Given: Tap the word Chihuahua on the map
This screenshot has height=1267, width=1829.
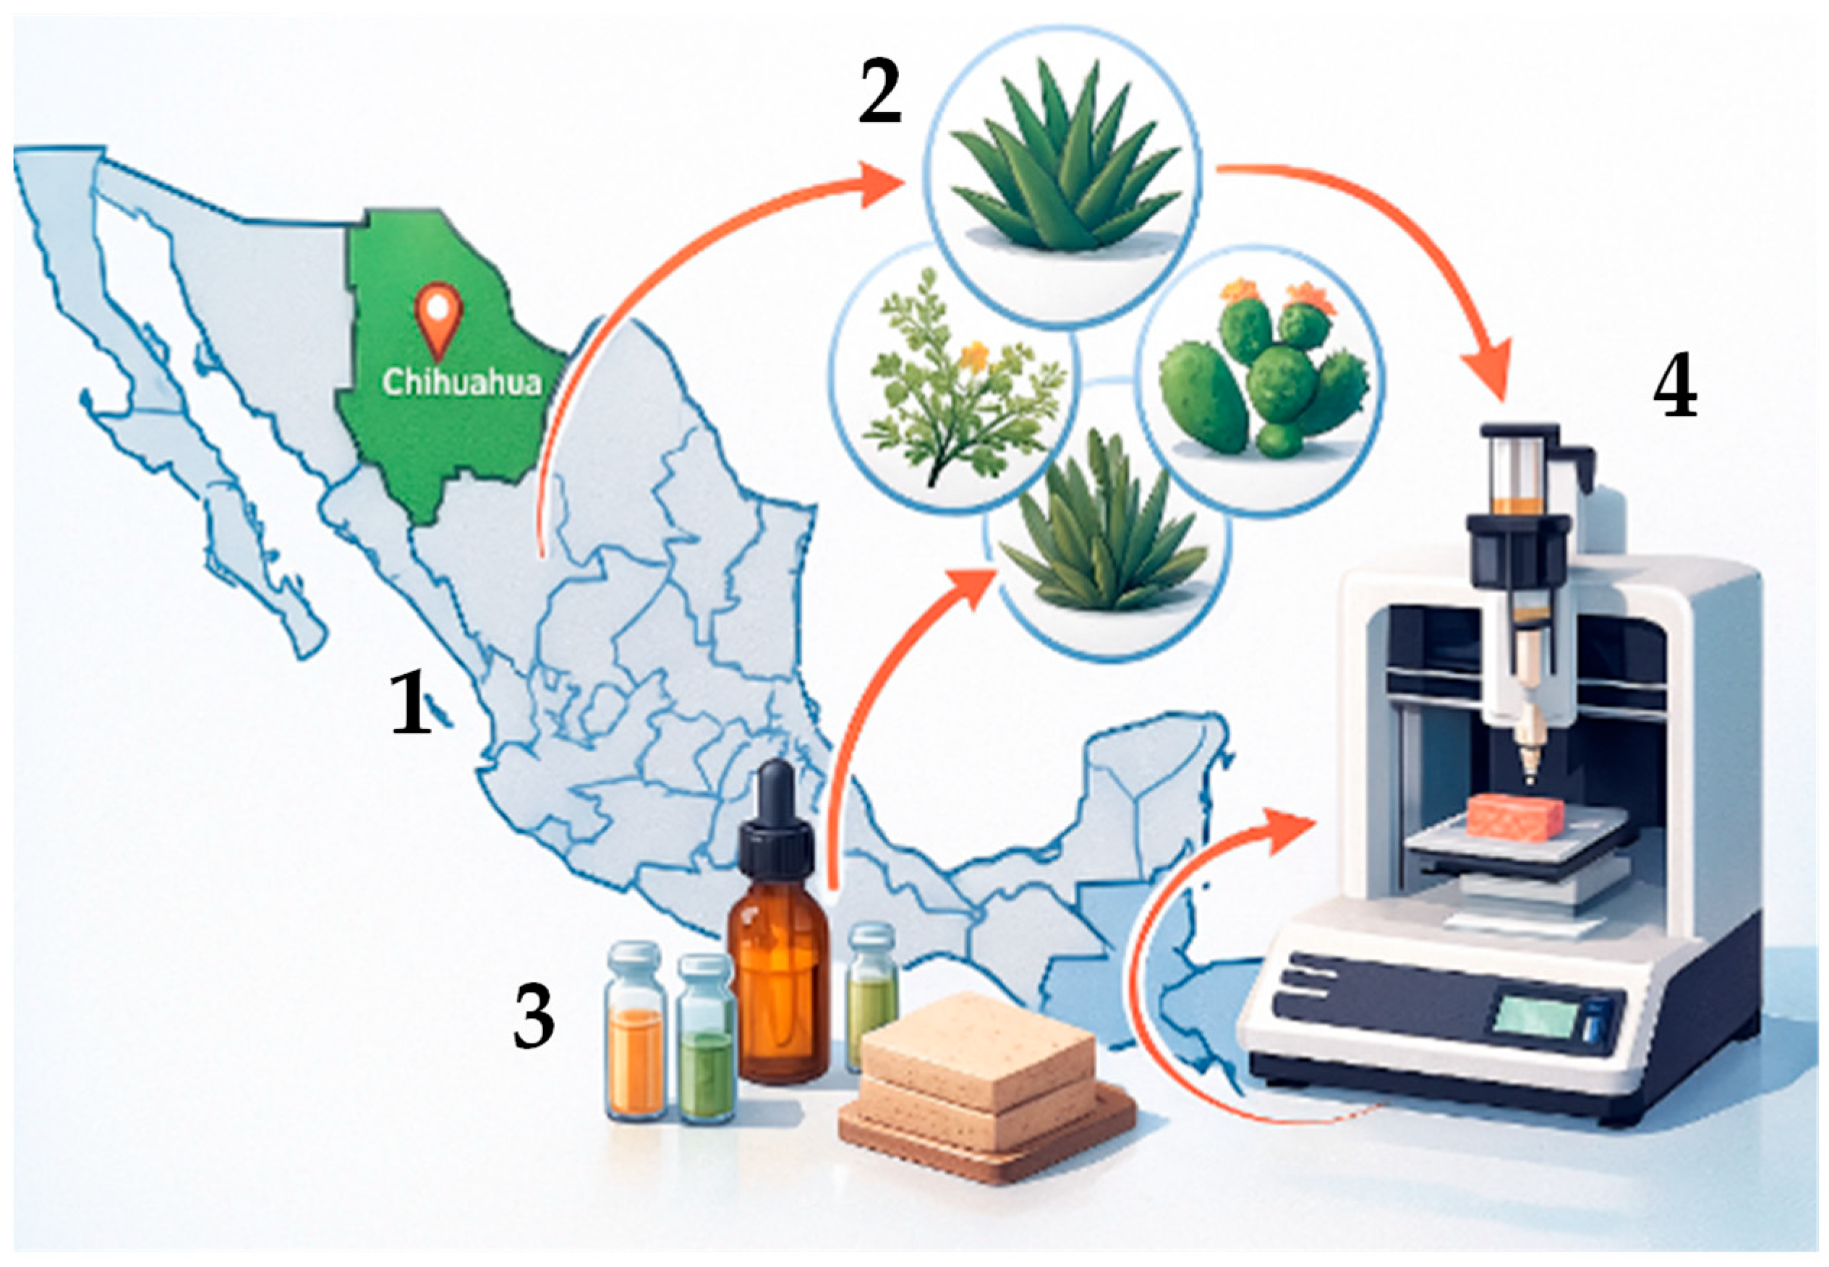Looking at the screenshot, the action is pos(461,383).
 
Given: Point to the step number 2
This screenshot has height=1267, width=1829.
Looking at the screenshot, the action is pos(879,95).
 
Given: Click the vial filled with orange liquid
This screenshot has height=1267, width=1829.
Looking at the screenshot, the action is pos(635,1032).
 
